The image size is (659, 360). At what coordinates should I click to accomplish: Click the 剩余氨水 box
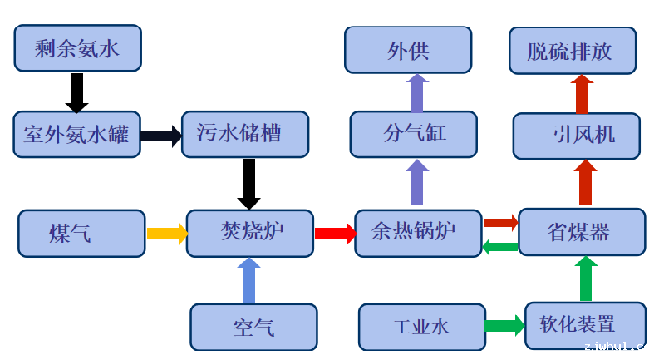click(x=77, y=47)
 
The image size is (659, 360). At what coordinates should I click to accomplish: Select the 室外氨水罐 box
click(x=76, y=134)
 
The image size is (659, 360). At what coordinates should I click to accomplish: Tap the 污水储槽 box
click(x=244, y=134)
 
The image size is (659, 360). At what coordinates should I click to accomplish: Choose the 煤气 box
click(x=81, y=233)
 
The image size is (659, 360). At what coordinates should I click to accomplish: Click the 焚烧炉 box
click(x=250, y=232)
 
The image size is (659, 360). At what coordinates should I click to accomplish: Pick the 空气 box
click(x=253, y=326)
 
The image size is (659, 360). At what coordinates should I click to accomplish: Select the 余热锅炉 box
click(x=418, y=232)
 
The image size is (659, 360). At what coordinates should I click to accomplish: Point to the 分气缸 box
click(x=414, y=134)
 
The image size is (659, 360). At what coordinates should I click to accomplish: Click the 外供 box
click(x=408, y=49)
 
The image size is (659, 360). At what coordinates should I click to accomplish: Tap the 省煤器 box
click(x=582, y=232)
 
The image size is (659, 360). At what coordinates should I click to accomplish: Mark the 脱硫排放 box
click(x=572, y=50)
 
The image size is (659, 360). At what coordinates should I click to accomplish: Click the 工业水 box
click(x=422, y=326)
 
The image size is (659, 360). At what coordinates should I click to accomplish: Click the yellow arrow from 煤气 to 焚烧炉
click(x=167, y=234)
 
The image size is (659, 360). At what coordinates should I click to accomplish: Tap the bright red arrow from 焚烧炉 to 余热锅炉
click(x=335, y=233)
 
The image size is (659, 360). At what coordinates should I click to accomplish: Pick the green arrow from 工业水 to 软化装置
click(x=504, y=325)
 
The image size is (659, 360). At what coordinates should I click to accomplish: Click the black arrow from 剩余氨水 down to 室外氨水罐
click(x=76, y=92)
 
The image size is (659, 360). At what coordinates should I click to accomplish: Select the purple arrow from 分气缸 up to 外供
click(x=417, y=92)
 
